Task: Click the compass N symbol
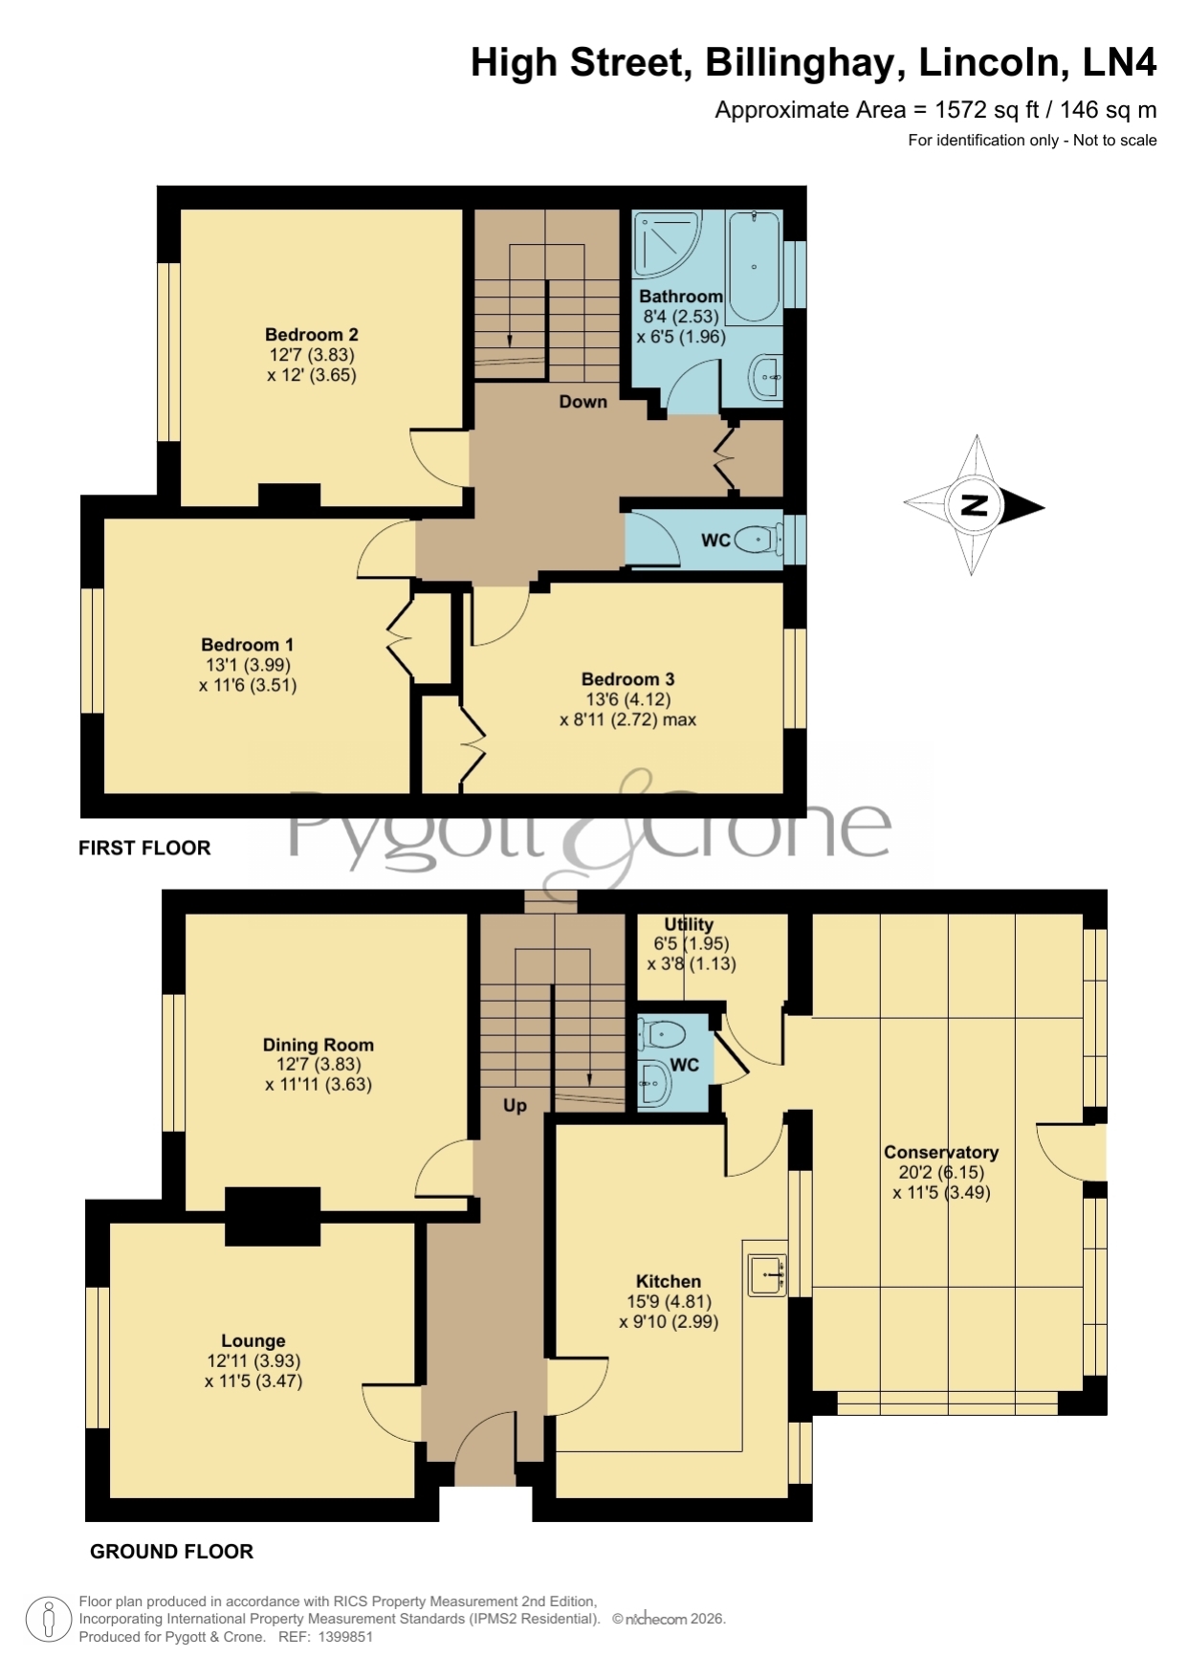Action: click(x=974, y=505)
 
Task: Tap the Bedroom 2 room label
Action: click(x=312, y=335)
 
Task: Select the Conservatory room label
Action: click(x=941, y=1153)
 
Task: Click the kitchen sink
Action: click(x=767, y=1275)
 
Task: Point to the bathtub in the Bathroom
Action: click(x=755, y=266)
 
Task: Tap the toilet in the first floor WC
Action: click(x=761, y=540)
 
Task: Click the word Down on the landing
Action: click(x=583, y=402)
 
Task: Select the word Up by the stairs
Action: click(x=515, y=1106)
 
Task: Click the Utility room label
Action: click(x=689, y=924)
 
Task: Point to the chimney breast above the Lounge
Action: click(x=273, y=1216)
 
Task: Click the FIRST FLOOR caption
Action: click(x=144, y=848)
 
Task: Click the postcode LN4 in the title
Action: click(x=1119, y=63)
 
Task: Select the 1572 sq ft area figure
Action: click(x=987, y=110)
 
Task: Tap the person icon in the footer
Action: click(x=48, y=1620)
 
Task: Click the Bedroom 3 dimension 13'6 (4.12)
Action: click(x=628, y=699)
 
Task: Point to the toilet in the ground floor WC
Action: click(x=664, y=1034)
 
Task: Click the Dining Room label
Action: click(x=319, y=1045)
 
